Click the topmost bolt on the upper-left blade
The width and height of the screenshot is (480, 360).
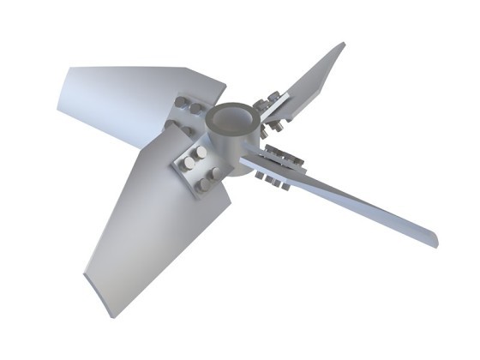[183, 103]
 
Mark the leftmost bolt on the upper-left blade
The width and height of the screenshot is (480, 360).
[170, 129]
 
